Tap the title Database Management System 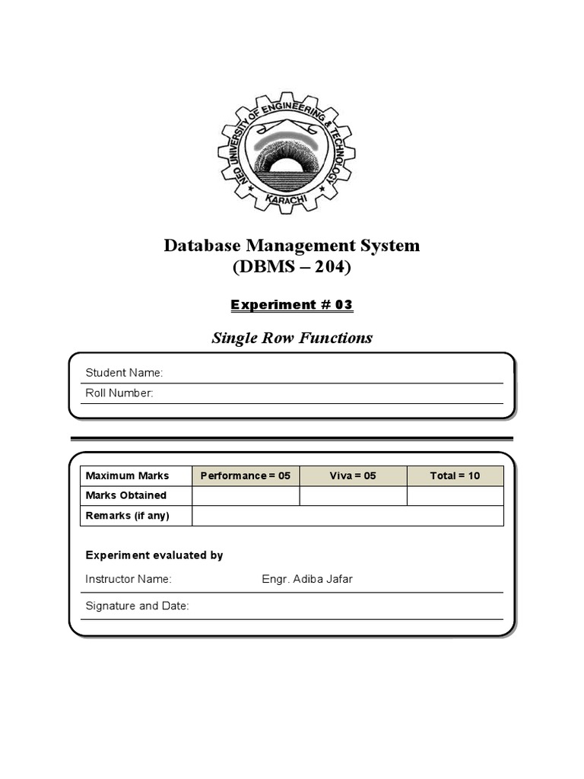(292, 246)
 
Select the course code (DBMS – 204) (292, 268)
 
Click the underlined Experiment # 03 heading (292, 305)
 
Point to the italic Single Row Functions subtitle (292, 338)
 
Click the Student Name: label (124, 373)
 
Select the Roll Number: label (119, 393)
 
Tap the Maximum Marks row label (127, 476)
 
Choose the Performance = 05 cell (246, 476)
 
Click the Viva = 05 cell (353, 476)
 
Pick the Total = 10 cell (455, 476)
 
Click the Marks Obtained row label (125, 496)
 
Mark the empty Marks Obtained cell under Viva (353, 496)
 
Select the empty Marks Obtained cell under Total (455, 496)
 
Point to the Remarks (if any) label (127, 516)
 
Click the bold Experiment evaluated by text (154, 555)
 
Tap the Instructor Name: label (129, 580)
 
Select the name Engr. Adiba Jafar (307, 580)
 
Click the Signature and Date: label (137, 606)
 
